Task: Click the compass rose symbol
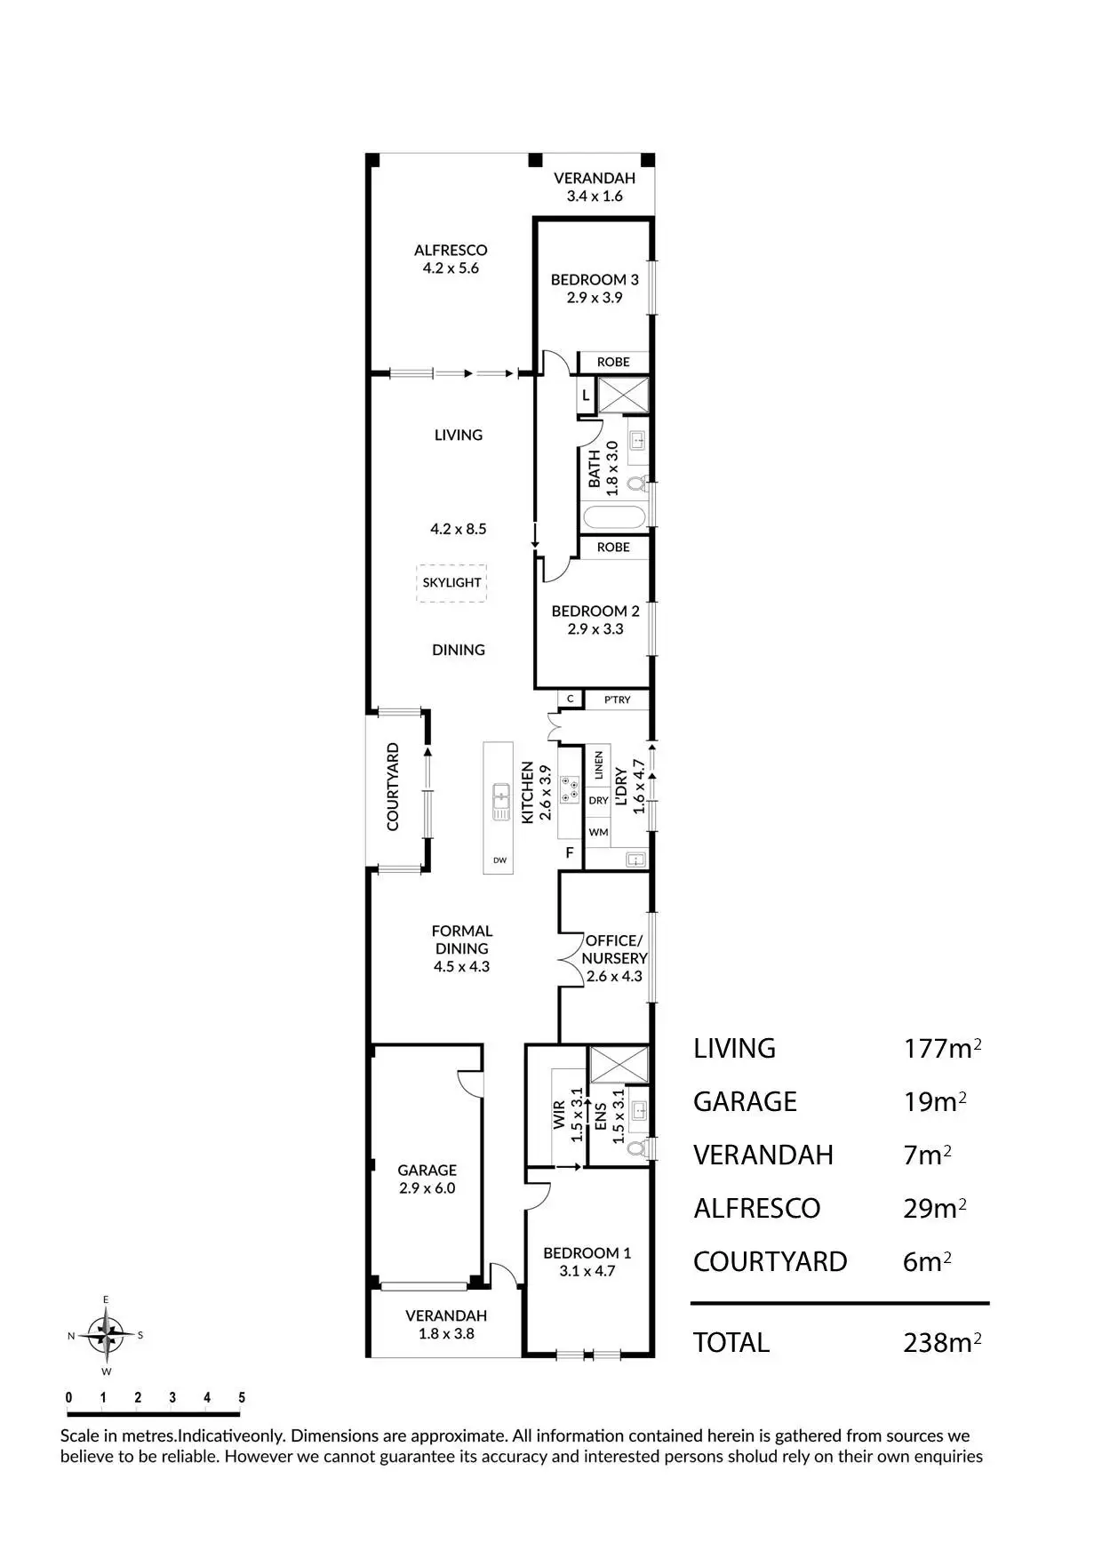106,1334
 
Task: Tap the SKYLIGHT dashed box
451,583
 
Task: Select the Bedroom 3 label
595,279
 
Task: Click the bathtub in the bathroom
613,517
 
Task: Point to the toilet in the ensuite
636,1147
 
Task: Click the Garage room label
427,1171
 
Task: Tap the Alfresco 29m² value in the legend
934,1209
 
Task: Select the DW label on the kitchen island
499,860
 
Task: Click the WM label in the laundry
598,832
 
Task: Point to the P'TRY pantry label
617,700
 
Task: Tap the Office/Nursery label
613,949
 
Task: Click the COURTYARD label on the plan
393,787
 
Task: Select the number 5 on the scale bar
242,1397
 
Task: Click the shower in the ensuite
619,1065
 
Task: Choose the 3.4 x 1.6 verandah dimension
595,196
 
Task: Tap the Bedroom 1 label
587,1253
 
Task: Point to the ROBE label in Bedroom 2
613,548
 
